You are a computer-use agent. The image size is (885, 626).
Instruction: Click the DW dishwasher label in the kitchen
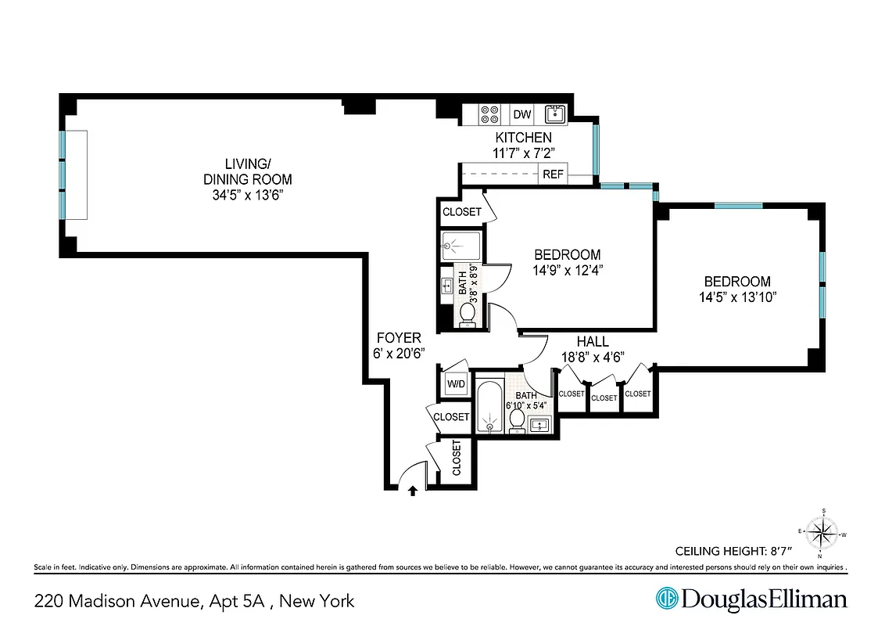coord(522,115)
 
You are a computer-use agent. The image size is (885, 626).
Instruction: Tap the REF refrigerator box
coord(554,174)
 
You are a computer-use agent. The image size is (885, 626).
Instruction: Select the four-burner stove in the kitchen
coord(490,115)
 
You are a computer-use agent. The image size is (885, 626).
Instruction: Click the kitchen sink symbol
coord(555,115)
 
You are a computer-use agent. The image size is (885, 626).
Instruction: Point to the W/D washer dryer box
coord(455,384)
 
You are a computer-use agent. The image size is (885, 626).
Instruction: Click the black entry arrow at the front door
coord(413,490)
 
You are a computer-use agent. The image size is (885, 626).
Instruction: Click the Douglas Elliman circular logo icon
coord(666,599)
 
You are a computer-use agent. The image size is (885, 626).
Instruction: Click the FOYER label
coord(399,338)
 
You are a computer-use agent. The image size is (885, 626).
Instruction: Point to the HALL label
coord(592,342)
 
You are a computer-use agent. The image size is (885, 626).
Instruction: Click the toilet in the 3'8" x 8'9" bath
coord(468,313)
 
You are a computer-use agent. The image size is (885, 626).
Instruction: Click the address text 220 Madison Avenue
coord(117,601)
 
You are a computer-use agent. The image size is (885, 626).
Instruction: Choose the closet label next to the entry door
coord(457,459)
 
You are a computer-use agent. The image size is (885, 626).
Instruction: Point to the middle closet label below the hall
coord(604,398)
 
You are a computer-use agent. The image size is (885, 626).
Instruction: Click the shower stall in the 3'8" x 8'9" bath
coord(461,247)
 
